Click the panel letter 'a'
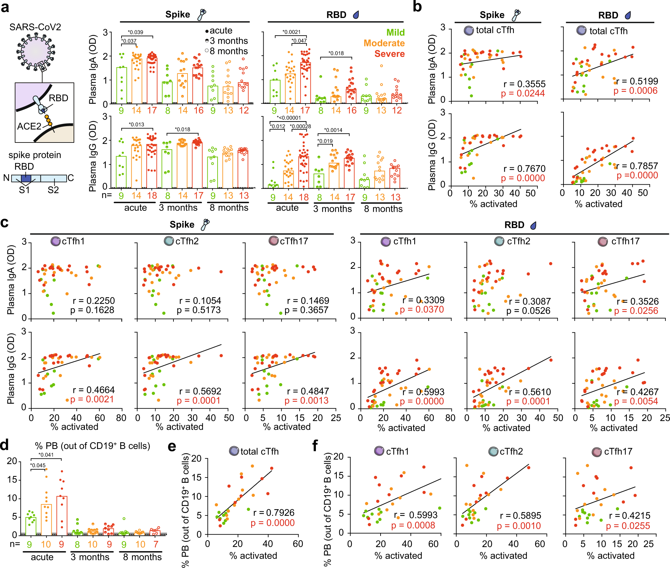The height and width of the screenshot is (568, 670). [x=5, y=7]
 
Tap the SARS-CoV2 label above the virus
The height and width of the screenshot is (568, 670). [x=35, y=27]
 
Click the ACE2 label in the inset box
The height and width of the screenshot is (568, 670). [x=29, y=126]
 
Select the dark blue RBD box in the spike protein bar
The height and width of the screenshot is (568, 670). [x=26, y=178]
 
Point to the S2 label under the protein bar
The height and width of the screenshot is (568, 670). [x=53, y=190]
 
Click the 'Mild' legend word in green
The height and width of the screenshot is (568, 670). [x=395, y=33]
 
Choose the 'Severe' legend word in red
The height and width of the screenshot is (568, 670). [x=389, y=54]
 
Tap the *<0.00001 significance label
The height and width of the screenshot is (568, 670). [x=289, y=118]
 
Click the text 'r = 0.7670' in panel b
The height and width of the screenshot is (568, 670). [x=524, y=169]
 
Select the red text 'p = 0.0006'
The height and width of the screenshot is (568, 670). [x=635, y=91]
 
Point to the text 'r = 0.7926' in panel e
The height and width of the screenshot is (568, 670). [x=274, y=512]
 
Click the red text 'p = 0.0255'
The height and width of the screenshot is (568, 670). [x=628, y=526]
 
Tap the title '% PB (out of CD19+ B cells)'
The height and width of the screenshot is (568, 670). [x=92, y=446]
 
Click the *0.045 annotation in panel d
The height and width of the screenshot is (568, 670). [x=38, y=465]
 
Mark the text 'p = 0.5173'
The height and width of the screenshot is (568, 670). [x=199, y=310]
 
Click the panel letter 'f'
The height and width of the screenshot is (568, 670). [x=315, y=445]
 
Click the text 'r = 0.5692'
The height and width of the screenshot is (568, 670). [x=200, y=391]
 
